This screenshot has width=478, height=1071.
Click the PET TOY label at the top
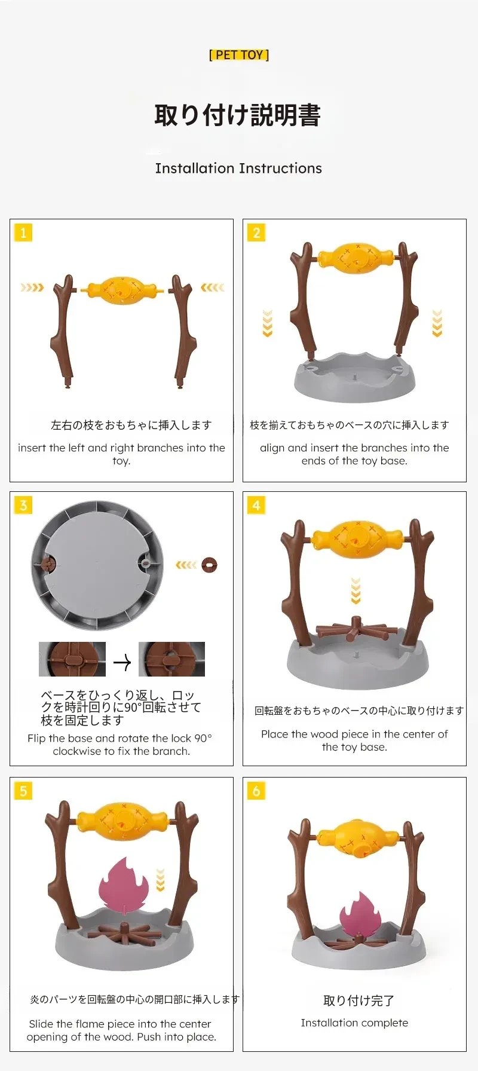(239, 55)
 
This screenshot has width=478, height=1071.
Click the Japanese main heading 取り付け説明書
(238, 115)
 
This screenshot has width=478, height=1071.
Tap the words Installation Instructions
(238, 168)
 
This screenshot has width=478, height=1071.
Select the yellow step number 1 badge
(23, 232)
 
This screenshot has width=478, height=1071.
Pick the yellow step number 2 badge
(256, 232)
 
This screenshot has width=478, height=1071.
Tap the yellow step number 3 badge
(23, 505)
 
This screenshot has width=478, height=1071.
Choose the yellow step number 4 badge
(256, 505)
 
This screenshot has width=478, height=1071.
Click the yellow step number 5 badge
(23, 791)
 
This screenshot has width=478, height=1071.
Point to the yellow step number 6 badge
(256, 791)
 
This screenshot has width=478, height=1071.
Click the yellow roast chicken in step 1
(122, 290)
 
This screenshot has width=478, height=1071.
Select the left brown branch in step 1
(64, 332)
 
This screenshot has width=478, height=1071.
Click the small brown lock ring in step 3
(210, 565)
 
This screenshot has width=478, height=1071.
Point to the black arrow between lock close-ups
(122, 662)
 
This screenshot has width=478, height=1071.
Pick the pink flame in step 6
(360, 915)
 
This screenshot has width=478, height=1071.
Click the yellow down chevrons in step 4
(356, 590)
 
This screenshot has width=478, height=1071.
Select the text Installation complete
(354, 1023)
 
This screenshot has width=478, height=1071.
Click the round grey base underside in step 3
(97, 565)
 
